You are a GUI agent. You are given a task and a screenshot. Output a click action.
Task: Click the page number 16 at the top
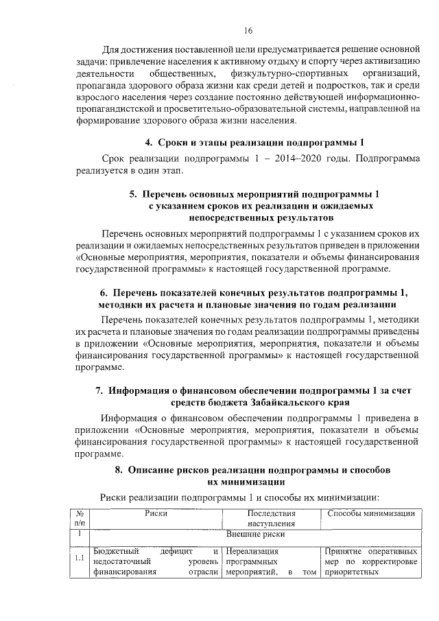pos(248,30)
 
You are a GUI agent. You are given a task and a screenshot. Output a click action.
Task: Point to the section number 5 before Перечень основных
pos(134,194)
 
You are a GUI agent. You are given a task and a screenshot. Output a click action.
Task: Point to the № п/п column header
pos(80,518)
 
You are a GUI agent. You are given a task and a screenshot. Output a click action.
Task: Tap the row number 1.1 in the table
pos(80,559)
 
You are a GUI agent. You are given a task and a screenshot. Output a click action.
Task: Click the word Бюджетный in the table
pos(117,550)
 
